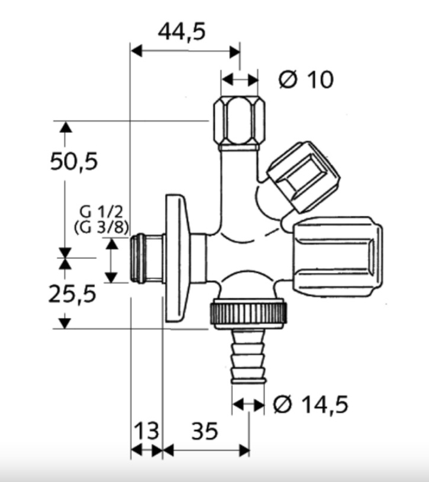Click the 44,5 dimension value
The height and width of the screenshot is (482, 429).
[x=182, y=31]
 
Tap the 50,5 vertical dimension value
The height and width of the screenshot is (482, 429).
[x=74, y=161]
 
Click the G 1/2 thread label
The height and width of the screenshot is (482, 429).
[x=101, y=212]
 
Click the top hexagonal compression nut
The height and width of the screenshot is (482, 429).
[x=240, y=121]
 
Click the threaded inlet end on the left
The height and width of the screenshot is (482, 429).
[x=147, y=259]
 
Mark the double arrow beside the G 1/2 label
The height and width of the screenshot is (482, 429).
[x=111, y=260]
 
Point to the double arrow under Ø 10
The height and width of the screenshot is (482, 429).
[x=239, y=79]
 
